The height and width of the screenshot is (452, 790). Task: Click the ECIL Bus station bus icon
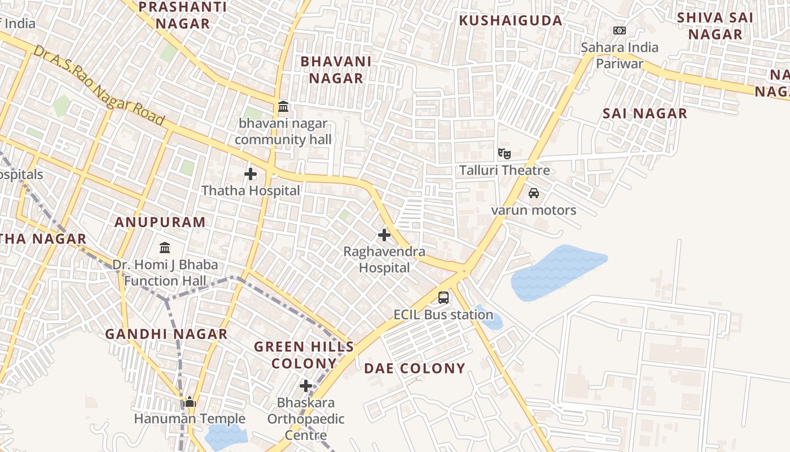click(444, 297)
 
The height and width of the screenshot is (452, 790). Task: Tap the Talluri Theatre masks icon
click(504, 153)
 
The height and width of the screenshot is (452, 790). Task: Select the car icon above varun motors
click(533, 193)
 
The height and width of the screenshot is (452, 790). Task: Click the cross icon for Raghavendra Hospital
click(384, 234)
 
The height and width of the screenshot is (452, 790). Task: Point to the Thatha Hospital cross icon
click(251, 174)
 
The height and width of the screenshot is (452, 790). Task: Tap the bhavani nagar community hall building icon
click(283, 106)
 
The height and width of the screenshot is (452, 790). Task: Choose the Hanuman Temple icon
click(190, 402)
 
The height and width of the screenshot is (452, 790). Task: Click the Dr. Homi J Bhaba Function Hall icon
click(165, 247)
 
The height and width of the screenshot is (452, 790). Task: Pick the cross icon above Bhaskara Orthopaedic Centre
click(306, 386)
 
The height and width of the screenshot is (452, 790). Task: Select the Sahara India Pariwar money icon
click(620, 31)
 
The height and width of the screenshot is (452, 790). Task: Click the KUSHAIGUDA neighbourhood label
click(511, 21)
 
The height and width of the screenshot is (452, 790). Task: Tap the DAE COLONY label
click(415, 368)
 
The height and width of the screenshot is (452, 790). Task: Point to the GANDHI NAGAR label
click(166, 334)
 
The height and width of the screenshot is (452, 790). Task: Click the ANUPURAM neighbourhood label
click(160, 222)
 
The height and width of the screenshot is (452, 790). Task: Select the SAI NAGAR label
click(645, 114)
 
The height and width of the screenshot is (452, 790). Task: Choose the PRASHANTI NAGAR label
click(183, 15)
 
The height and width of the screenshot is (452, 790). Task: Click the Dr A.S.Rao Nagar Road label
click(99, 86)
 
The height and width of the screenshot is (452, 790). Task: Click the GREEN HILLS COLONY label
click(304, 355)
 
